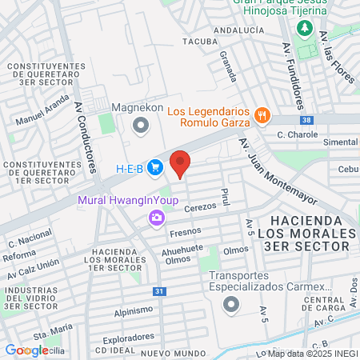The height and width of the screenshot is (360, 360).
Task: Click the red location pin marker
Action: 181,162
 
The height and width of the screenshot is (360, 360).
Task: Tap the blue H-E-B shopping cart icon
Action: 155,168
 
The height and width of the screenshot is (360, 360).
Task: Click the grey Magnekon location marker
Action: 141,125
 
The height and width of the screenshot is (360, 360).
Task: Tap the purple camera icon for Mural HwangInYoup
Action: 156,217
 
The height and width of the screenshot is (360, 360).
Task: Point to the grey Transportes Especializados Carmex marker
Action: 231,303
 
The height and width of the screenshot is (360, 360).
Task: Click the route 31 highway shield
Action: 159,292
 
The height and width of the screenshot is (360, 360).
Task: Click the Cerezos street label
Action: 200,208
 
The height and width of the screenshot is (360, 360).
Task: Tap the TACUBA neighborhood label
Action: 199,41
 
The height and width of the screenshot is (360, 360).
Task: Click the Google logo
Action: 26,350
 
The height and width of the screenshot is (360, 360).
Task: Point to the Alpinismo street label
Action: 133,310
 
